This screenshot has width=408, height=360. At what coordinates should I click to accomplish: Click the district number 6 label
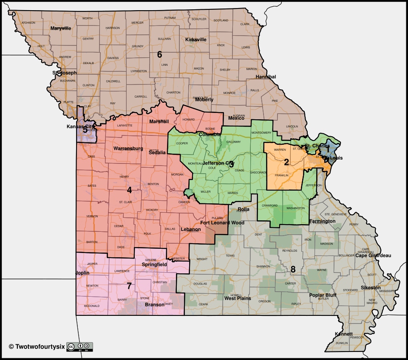(x=160, y=54)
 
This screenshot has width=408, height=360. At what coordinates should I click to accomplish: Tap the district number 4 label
(x=129, y=190)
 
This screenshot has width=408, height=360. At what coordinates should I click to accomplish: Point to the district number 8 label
(x=293, y=269)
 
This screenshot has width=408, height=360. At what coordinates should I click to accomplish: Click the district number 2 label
(x=286, y=162)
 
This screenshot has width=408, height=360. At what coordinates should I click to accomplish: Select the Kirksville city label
(x=196, y=39)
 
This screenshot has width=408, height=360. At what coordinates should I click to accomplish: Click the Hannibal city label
(x=266, y=77)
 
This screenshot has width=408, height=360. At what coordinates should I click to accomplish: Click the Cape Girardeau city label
(x=373, y=256)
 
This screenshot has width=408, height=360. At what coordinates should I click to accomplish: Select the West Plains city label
(x=238, y=298)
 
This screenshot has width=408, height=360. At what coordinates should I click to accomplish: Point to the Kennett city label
(x=343, y=334)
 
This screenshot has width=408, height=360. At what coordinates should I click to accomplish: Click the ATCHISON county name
(x=28, y=22)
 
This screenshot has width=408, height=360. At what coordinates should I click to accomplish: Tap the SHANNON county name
(x=263, y=267)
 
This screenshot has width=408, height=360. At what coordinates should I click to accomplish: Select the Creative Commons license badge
(x=79, y=346)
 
